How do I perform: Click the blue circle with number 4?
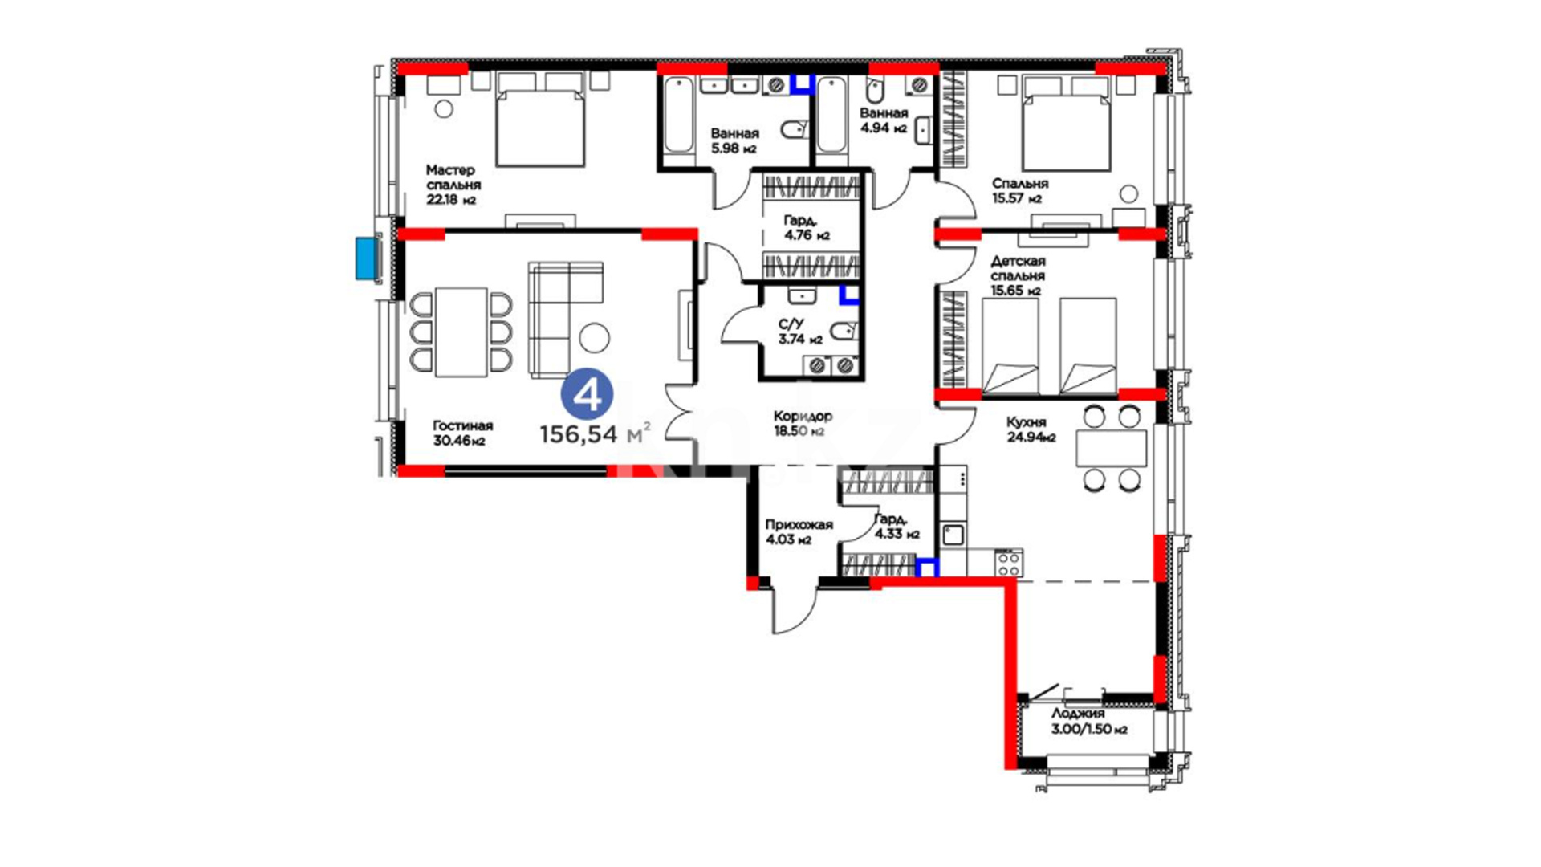pyautogui.click(x=587, y=394)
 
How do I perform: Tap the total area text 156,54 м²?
pyautogui.click(x=595, y=433)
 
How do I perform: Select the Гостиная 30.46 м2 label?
pyautogui.click(x=462, y=433)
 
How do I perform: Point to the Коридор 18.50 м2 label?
pyautogui.click(x=803, y=423)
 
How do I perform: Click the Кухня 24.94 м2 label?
pyautogui.click(x=1031, y=429)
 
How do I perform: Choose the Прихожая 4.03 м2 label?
pyautogui.click(x=799, y=531)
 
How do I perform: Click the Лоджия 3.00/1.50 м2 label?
pyautogui.click(x=1088, y=721)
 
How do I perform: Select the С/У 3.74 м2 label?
pyautogui.click(x=799, y=331)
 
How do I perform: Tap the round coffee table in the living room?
pyautogui.click(x=595, y=337)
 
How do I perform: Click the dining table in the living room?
pyautogui.click(x=461, y=332)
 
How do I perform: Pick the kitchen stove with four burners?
pyautogui.click(x=1009, y=563)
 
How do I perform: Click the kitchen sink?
pyautogui.click(x=953, y=535)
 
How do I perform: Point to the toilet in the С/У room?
pyautogui.click(x=844, y=331)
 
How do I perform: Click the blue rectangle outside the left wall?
pyautogui.click(x=367, y=258)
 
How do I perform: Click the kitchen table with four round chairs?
pyautogui.click(x=1112, y=448)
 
